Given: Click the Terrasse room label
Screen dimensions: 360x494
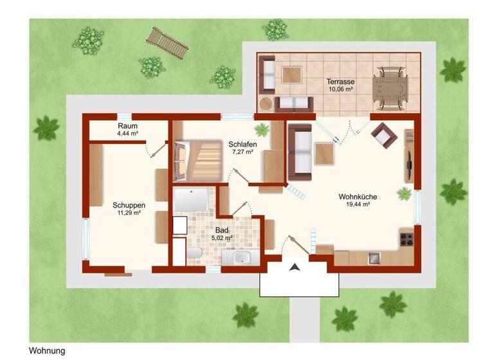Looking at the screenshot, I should tap(341, 82).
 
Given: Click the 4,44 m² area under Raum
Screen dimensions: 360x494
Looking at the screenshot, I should tap(127, 134).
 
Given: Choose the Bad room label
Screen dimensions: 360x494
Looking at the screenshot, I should tap(221, 230).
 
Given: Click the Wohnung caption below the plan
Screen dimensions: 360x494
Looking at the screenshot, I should tap(47, 351).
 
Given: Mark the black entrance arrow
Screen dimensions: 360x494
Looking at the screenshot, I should tap(295, 267).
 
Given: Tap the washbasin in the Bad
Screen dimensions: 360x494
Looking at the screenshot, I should tap(242, 258).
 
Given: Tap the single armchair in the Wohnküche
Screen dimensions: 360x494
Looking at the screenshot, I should tap(383, 135).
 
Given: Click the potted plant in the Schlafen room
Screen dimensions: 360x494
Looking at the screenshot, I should tap(261, 130).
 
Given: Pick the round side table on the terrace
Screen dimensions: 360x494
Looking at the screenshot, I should tap(266, 104).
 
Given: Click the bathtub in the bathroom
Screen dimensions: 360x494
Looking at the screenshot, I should tap(190, 200).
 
